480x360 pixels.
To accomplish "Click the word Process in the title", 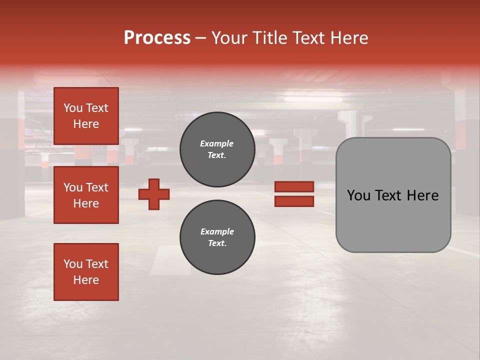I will point(157,38).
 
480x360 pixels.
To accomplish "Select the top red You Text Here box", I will point(86,116).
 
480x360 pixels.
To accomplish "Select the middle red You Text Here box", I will point(86,195).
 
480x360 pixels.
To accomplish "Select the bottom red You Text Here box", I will point(86,271).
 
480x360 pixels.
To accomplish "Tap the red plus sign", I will point(154,194).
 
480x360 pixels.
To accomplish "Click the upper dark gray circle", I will point(217,149).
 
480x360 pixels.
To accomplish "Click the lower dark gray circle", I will point(217,237).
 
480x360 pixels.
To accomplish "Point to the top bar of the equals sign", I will point(294,186).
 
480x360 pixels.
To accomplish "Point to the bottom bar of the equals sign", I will point(294,201).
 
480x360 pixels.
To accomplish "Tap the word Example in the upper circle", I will point(216,143).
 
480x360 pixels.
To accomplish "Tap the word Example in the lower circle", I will point(216,231).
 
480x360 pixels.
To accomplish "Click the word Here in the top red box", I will point(86,124).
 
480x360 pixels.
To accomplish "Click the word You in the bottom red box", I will point(73,264).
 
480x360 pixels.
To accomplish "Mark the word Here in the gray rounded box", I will point(422,195).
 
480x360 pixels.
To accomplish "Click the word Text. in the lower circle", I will point(217,243).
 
